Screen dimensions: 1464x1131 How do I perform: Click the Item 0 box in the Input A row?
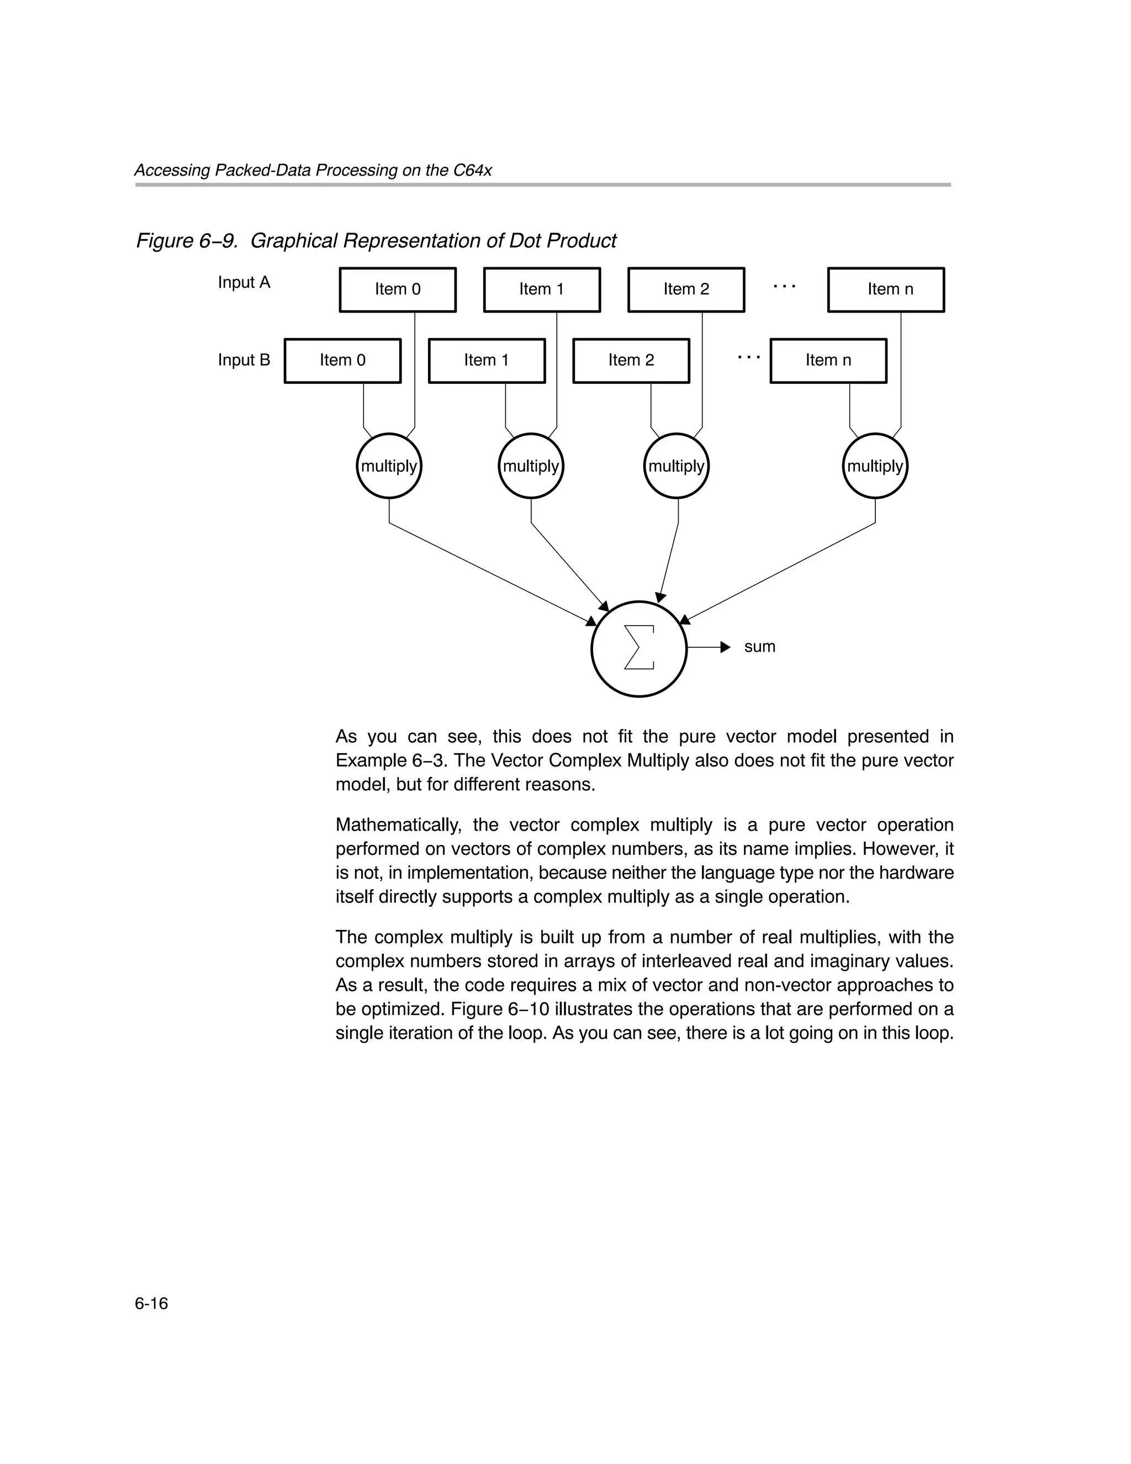coord(398,289)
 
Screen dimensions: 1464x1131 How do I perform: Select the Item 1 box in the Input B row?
coord(487,361)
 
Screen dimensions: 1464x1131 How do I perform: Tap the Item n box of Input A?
coord(886,289)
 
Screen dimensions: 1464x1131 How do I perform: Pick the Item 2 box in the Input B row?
coord(631,361)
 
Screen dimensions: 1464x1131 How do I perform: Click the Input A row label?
coord(244,283)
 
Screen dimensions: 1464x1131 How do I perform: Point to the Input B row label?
coord(244,361)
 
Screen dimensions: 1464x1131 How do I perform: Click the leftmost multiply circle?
coord(389,466)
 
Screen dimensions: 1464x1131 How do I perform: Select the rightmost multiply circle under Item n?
coord(875,466)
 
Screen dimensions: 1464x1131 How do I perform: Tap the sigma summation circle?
coord(639,648)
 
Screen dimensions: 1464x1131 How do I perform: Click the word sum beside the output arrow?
coord(759,647)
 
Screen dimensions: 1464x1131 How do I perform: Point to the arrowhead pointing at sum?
coord(726,647)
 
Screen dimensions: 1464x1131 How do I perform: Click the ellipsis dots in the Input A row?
coord(784,286)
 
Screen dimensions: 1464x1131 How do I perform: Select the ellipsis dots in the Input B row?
coord(749,357)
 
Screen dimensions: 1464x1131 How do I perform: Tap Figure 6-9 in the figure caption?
coord(187,241)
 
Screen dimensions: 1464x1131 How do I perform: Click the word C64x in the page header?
coord(472,170)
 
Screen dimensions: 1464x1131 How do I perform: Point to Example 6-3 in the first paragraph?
coord(389,761)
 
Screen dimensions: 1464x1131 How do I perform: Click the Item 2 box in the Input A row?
coord(686,289)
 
